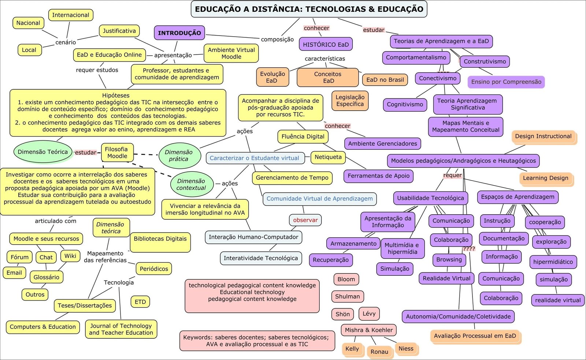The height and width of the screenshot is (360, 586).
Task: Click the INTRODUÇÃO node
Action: tap(179, 33)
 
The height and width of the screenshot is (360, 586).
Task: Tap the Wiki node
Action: tap(70, 256)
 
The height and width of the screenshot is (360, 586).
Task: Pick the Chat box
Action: tap(46, 257)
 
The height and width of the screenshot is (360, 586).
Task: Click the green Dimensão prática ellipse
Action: tap(179, 156)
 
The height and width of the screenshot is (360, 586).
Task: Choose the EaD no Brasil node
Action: tap(385, 80)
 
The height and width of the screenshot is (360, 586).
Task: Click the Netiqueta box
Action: tap(328, 157)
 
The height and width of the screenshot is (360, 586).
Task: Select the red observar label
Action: tap(305, 220)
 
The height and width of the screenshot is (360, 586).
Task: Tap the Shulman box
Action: tap(347, 297)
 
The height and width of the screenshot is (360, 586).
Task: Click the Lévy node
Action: tap(369, 314)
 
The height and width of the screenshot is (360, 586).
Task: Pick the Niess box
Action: tap(406, 349)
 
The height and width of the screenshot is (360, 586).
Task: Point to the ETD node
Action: tap(140, 302)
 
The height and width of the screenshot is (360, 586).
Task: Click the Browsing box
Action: tap(449, 260)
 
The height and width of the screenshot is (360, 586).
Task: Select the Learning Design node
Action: tap(545, 178)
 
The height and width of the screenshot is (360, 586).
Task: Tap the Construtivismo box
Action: tap(485, 62)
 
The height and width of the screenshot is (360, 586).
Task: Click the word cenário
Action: tap(66, 42)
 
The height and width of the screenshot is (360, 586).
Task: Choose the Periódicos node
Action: tap(154, 269)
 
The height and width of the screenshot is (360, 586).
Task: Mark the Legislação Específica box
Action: tap(350, 101)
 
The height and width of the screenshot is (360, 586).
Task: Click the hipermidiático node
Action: tap(553, 262)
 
